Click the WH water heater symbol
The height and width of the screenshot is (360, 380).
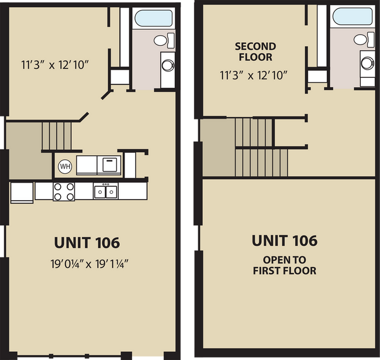coord(64,166)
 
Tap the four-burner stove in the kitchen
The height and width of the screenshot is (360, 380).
coord(63,191)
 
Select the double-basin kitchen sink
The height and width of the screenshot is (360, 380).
coord(106,191)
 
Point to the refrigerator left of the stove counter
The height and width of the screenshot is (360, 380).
coord(21,192)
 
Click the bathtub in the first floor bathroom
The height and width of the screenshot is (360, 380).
coord(153,18)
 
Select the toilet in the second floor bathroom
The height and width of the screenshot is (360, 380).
coord(362,40)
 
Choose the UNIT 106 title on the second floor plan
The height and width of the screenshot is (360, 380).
coord(284,240)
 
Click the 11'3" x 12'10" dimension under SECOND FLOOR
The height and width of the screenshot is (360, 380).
coord(253,74)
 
